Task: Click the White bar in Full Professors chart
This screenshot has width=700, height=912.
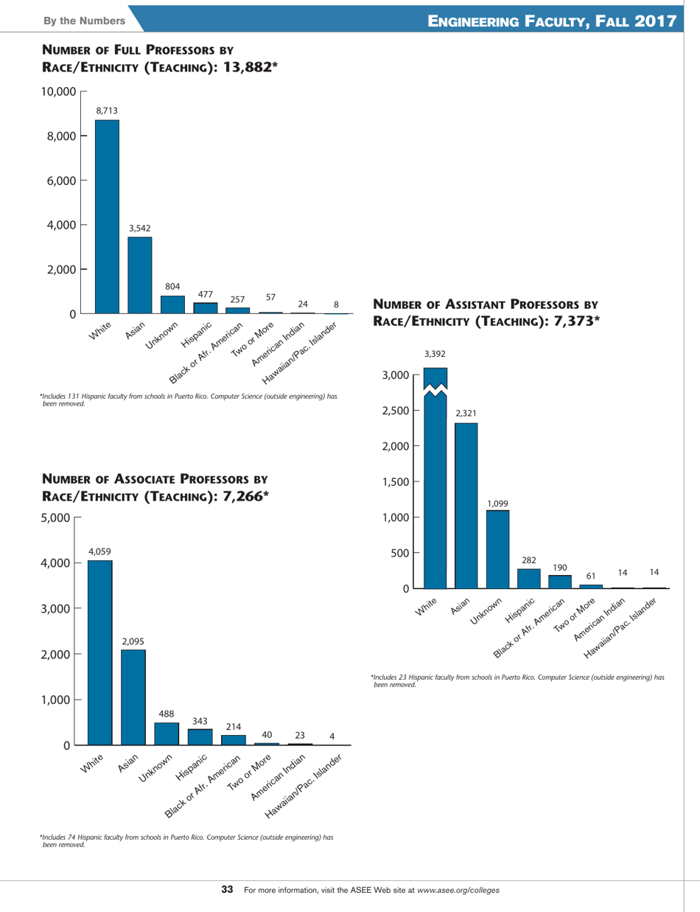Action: point(107,217)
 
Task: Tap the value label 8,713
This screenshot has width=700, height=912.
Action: point(107,111)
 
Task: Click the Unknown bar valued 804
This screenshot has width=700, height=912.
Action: point(172,304)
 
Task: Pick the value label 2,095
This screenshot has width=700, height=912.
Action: point(133,641)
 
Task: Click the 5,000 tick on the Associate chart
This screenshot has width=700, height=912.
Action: point(56,518)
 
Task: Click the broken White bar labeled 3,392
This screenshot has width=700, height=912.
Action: point(435,479)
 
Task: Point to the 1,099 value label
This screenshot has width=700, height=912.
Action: point(497,503)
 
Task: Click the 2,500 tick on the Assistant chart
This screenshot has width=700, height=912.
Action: point(394,411)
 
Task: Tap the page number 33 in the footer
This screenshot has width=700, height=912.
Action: point(228,890)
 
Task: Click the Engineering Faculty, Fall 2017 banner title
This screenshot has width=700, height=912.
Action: point(551,20)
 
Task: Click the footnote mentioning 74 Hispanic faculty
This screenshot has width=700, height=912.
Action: point(187,840)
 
